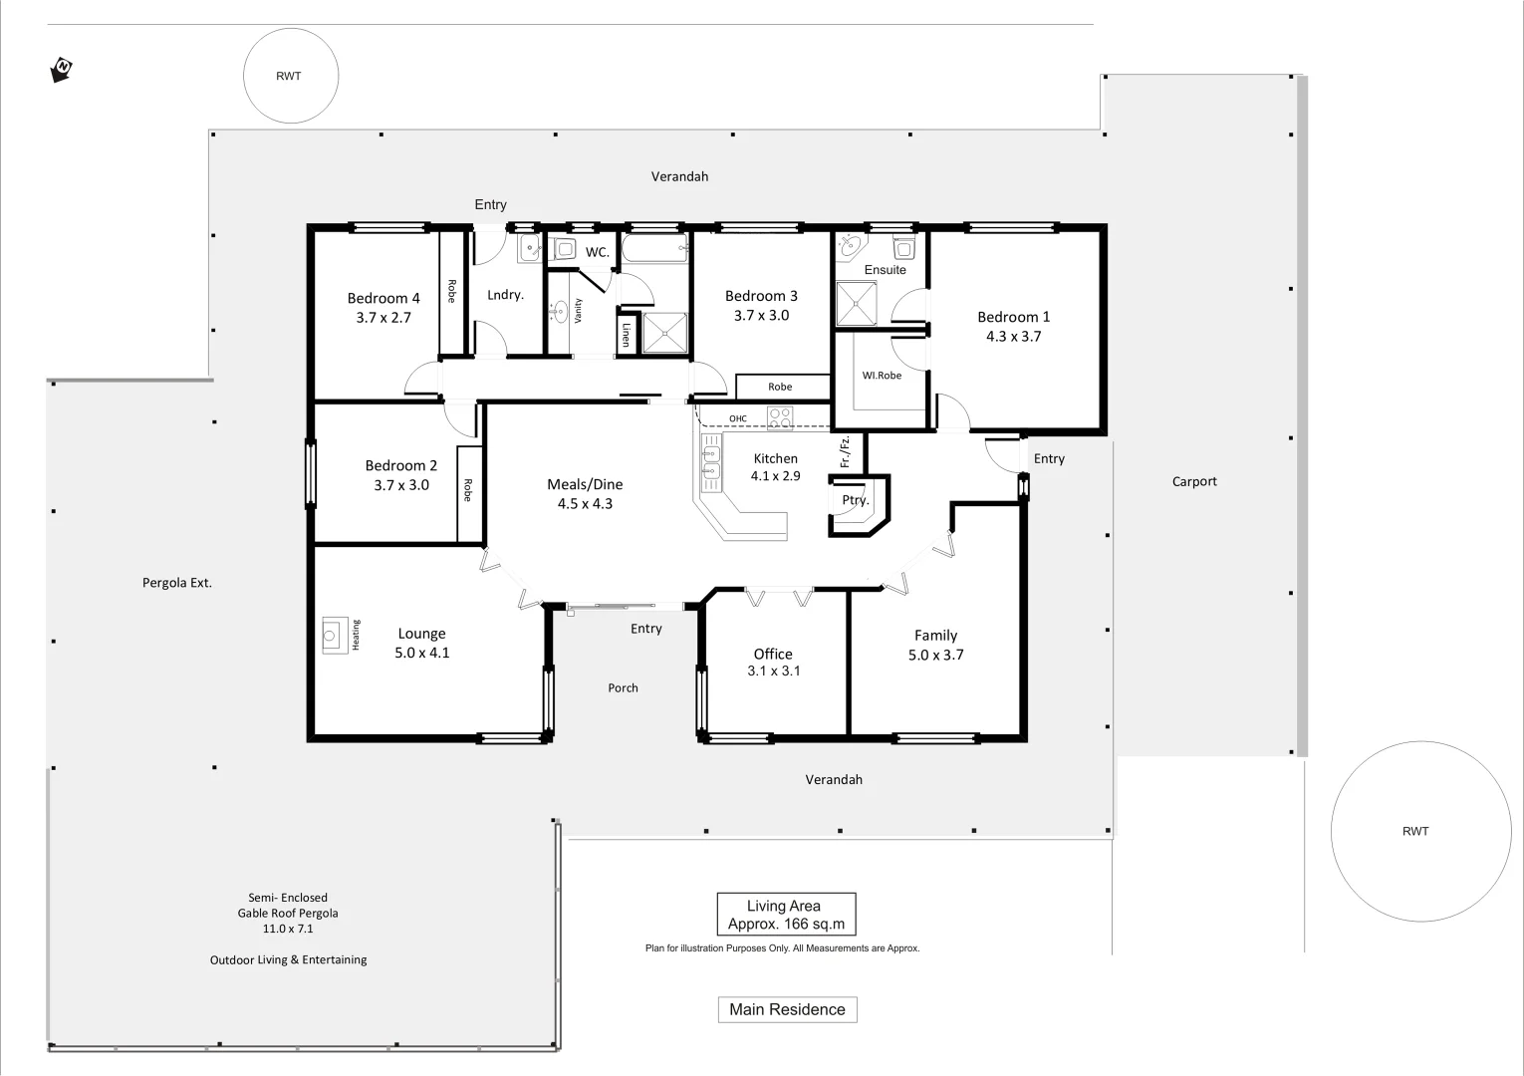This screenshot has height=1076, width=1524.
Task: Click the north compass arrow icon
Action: (61, 70)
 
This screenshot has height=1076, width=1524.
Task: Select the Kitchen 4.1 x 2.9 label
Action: (775, 467)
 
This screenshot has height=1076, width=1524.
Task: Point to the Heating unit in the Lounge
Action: (332, 635)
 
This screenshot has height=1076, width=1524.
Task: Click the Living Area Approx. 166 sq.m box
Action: (786, 915)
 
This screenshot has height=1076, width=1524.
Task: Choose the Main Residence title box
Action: (787, 1009)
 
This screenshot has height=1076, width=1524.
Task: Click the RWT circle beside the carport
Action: (1420, 831)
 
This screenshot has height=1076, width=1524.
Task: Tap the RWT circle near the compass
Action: (290, 76)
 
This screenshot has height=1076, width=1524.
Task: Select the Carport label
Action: (1194, 481)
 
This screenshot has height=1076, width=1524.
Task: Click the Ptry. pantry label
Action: (855, 500)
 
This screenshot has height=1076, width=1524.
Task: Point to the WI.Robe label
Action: (882, 376)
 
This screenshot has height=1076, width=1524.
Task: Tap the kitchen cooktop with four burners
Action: (780, 417)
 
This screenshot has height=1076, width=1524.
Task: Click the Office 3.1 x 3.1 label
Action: (773, 663)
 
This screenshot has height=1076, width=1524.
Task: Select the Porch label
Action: (623, 687)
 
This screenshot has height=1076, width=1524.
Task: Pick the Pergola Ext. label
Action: (177, 583)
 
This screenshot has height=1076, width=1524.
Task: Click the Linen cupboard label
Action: (626, 334)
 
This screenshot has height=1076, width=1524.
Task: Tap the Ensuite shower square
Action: (857, 304)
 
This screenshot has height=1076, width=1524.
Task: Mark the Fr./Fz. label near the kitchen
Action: (846, 451)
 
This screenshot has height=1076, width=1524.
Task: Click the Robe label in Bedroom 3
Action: (780, 387)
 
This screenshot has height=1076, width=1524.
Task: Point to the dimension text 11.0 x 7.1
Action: (288, 929)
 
